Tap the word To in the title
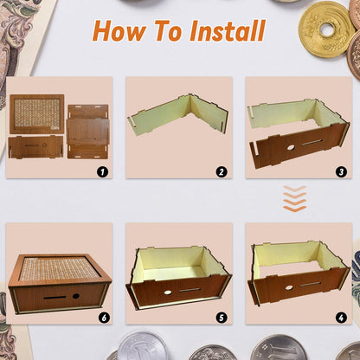coord(172,31)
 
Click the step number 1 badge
coord(102,170)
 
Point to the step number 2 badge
coord(222,170)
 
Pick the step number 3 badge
coord(341,170)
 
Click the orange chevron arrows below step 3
coord(294,198)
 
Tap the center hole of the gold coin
coord(326,29)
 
